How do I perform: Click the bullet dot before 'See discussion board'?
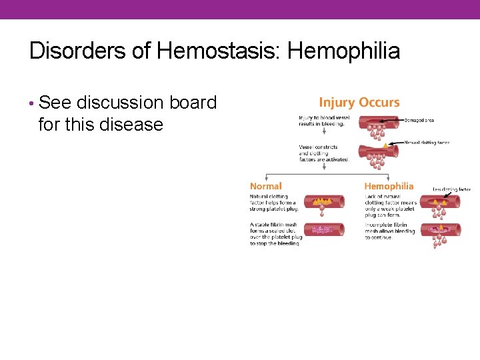[32, 103]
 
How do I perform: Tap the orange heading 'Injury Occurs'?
[359, 103]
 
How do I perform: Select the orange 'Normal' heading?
[266, 186]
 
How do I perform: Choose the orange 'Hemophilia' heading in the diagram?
[389, 186]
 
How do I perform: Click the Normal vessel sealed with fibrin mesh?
[323, 229]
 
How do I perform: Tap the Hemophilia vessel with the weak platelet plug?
[439, 201]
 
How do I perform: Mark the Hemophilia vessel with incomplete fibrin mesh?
[439, 230]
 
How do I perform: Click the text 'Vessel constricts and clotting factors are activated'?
[323, 153]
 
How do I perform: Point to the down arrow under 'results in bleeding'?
[323, 134]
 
